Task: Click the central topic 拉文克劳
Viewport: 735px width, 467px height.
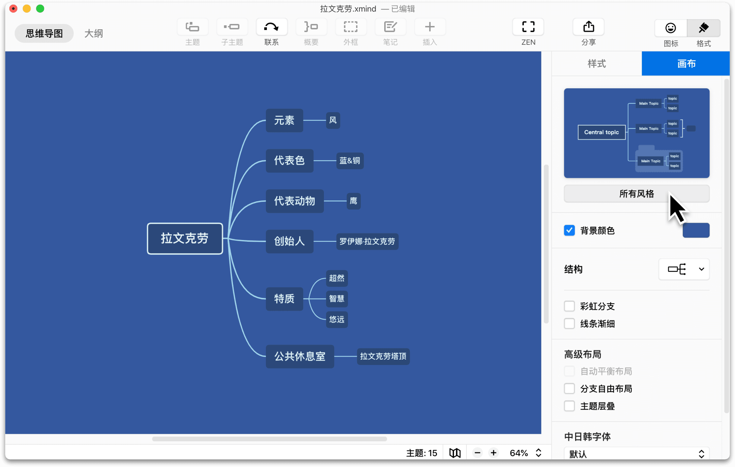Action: click(x=185, y=238)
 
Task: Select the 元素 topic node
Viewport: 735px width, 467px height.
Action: click(x=284, y=120)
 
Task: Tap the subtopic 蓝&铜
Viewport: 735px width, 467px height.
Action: click(x=350, y=161)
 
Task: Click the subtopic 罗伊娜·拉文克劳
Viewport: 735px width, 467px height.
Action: click(x=367, y=241)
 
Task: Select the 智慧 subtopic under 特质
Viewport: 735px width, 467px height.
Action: click(x=336, y=299)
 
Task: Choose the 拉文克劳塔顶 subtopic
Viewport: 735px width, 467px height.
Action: click(x=383, y=356)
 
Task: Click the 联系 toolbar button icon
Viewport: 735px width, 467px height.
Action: click(x=271, y=27)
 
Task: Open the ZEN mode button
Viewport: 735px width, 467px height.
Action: click(x=528, y=27)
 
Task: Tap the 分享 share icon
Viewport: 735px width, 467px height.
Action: click(x=589, y=27)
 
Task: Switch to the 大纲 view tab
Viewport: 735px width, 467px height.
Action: click(x=94, y=33)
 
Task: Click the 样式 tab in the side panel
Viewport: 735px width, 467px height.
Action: click(x=596, y=64)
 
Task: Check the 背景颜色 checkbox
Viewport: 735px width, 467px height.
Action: click(x=569, y=230)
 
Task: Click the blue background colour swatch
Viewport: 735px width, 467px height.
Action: click(x=696, y=230)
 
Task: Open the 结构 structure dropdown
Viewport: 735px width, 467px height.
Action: click(x=684, y=269)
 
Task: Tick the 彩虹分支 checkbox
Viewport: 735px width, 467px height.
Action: click(x=569, y=306)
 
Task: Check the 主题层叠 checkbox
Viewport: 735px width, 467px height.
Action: click(x=569, y=406)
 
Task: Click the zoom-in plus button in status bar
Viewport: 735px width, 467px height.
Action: click(x=493, y=453)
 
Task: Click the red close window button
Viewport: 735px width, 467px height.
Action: click(x=13, y=9)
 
